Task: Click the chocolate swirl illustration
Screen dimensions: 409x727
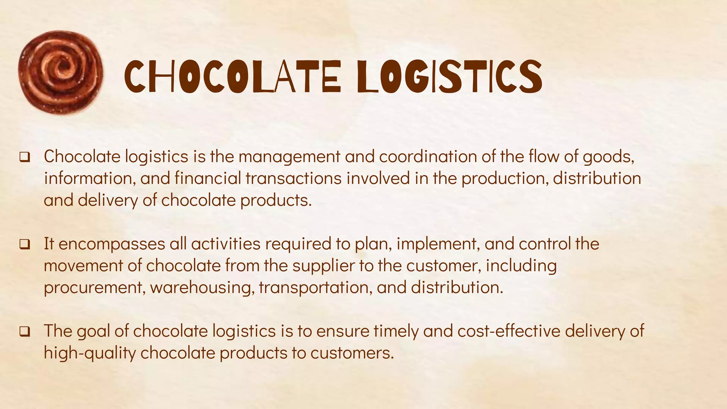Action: point(60,73)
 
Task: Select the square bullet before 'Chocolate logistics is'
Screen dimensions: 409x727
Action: point(24,157)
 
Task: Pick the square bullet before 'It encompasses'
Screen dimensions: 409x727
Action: point(24,244)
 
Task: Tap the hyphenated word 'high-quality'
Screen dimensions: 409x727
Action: point(90,353)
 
